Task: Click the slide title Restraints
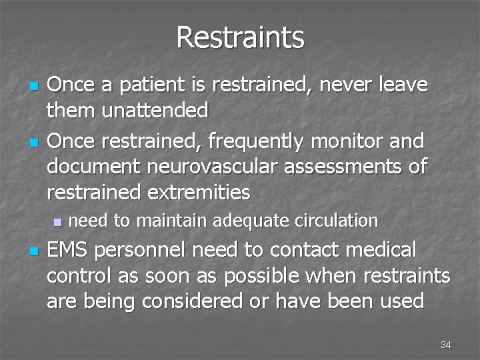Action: click(x=240, y=37)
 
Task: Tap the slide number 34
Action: click(x=446, y=345)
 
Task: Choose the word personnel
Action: click(x=141, y=251)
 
